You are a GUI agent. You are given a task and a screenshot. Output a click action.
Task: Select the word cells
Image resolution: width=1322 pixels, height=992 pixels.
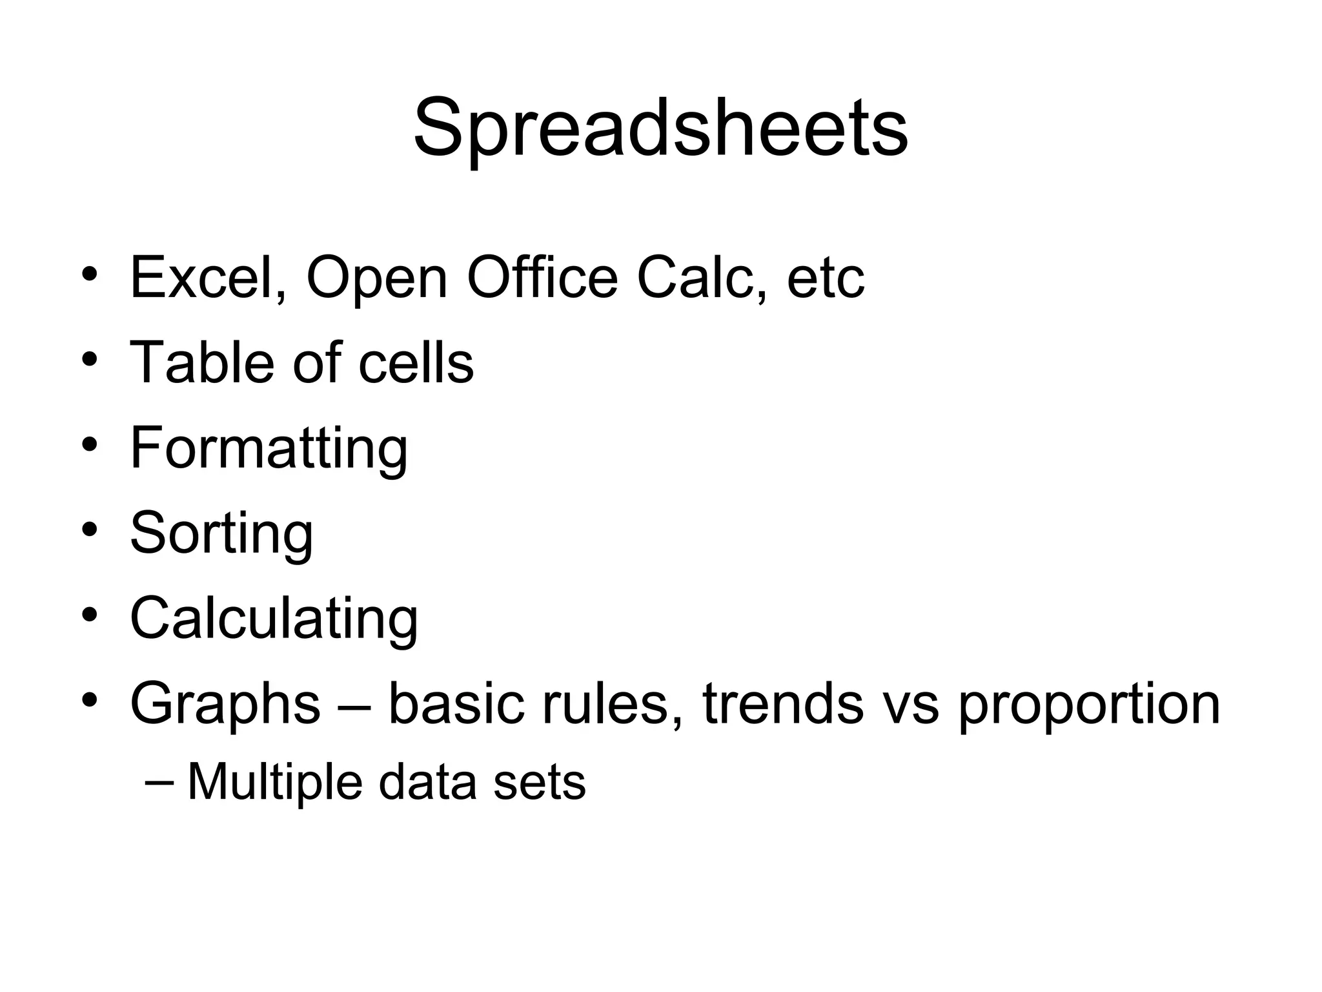click(416, 363)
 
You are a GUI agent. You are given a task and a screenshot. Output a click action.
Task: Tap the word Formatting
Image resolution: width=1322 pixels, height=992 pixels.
click(269, 448)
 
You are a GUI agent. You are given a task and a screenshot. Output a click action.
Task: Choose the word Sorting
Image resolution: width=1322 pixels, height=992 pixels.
click(221, 533)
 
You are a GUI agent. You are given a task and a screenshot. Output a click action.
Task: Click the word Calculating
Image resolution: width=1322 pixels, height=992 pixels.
click(274, 619)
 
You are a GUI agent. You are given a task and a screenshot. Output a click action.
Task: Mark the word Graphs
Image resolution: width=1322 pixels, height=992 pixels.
click(225, 704)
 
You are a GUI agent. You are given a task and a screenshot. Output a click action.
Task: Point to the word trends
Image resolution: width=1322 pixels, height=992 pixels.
click(783, 704)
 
